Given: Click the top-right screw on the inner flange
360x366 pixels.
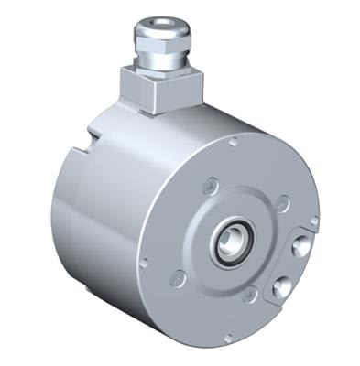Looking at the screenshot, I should coord(282,203).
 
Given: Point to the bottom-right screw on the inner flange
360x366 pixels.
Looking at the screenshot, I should coord(249,295).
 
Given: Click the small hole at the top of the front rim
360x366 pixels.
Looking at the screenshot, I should coord(234,142).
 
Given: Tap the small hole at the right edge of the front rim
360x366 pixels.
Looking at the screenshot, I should coord(314,221).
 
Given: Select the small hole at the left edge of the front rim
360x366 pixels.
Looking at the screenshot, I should coord(143,264).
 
